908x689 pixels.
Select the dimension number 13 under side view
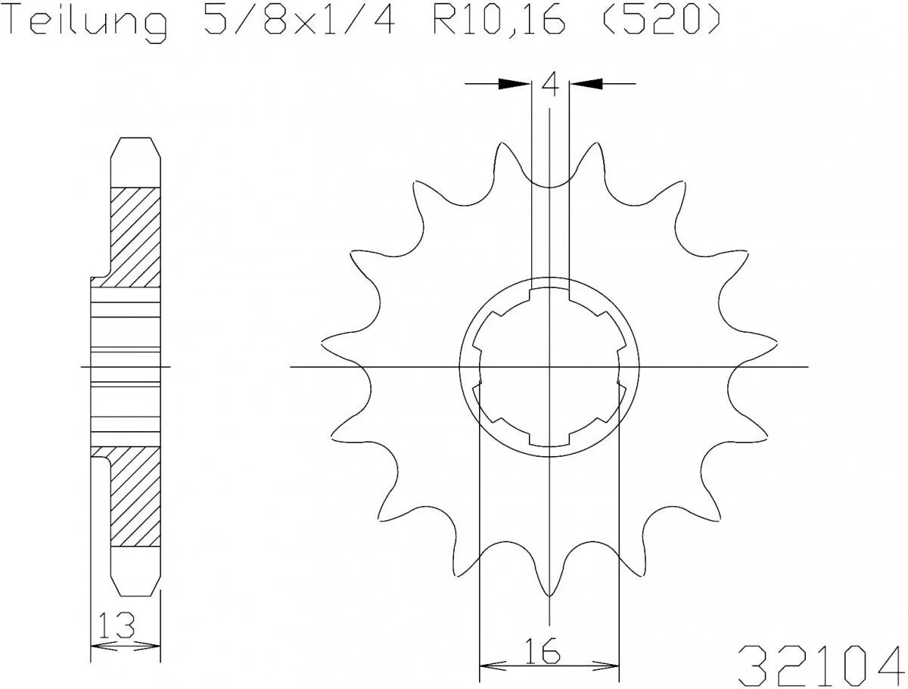click(x=116, y=625)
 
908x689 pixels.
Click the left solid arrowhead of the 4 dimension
click(x=515, y=84)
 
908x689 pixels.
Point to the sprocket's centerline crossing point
click(x=550, y=367)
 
